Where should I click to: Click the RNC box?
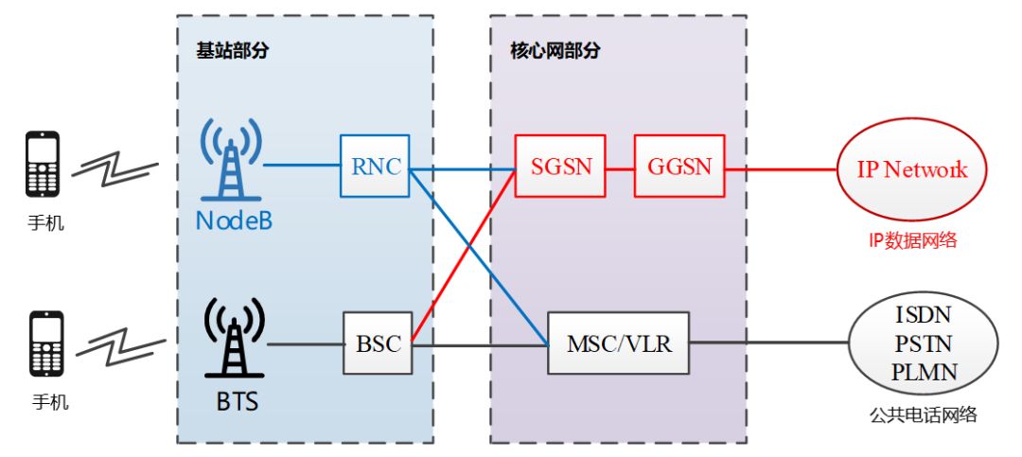click(x=375, y=167)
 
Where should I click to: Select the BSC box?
click(x=378, y=343)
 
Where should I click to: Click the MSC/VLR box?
click(x=619, y=343)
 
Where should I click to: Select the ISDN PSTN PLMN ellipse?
click(x=924, y=343)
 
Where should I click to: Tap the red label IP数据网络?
click(x=912, y=240)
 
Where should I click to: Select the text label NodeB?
click(x=231, y=221)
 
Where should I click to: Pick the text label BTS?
click(x=231, y=401)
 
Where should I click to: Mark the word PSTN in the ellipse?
click(x=924, y=343)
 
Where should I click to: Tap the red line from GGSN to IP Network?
click(x=780, y=169)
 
